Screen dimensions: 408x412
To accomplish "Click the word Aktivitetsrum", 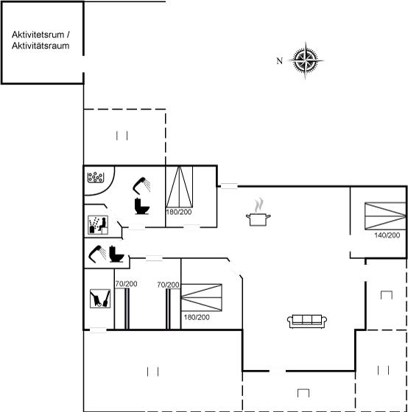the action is tap(38, 35).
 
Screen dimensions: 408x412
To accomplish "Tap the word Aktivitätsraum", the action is tap(41, 46).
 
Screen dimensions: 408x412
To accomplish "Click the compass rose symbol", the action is tap(306, 60).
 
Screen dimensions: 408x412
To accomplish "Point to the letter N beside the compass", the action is tap(279, 61).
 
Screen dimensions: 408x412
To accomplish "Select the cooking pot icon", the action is tap(258, 213).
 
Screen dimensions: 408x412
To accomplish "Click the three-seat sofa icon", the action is tap(307, 321).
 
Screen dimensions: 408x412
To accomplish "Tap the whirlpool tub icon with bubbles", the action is tap(96, 177).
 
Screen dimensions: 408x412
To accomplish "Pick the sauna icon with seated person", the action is tap(98, 225).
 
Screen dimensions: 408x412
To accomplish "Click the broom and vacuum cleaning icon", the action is tap(100, 299).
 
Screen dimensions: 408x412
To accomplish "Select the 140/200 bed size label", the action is tap(387, 235).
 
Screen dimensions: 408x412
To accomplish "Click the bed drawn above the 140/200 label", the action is tap(385, 216).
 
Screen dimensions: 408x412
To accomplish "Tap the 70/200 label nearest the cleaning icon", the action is tap(126, 284).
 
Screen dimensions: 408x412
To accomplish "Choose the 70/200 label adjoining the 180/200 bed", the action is tap(168, 285).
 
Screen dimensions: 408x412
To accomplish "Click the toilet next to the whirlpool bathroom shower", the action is tap(142, 206).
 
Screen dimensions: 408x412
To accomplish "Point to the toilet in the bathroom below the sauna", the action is tap(116, 254).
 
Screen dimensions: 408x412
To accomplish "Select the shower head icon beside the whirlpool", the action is tap(141, 185).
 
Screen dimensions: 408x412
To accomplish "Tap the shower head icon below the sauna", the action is tap(97, 254).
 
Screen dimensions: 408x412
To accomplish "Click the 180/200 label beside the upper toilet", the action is tap(179, 212).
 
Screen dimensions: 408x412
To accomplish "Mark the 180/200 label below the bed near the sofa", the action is tap(197, 317).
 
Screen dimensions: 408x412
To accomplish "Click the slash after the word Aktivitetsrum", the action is tap(68, 35).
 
